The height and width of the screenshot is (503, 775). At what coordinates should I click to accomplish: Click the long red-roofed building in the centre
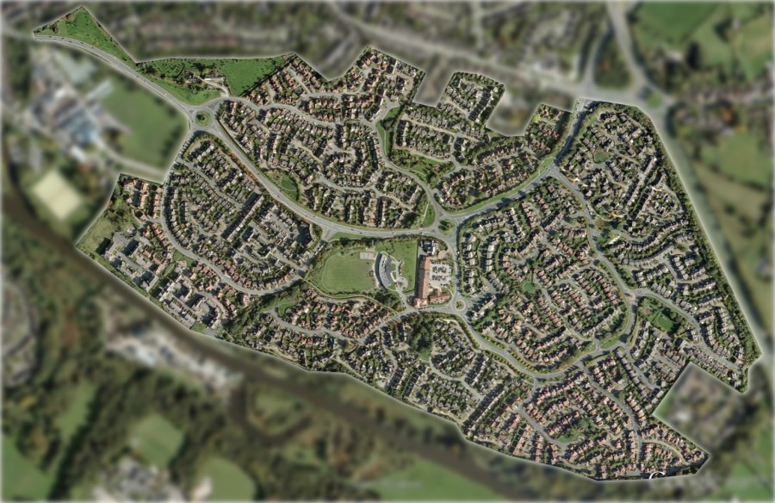[x=424, y=276]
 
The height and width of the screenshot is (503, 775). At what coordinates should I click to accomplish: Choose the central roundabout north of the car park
[x=446, y=227]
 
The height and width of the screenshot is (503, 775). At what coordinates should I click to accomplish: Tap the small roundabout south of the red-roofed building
[x=459, y=304]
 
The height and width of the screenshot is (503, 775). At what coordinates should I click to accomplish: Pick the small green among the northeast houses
[x=601, y=156]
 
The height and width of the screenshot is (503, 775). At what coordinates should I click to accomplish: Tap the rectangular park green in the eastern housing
[x=663, y=320]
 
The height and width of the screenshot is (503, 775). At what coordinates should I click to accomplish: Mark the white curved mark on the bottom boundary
[x=657, y=474]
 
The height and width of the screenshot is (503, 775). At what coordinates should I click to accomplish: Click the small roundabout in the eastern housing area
[x=637, y=296]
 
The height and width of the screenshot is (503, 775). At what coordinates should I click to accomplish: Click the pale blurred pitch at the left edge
[x=57, y=194]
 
